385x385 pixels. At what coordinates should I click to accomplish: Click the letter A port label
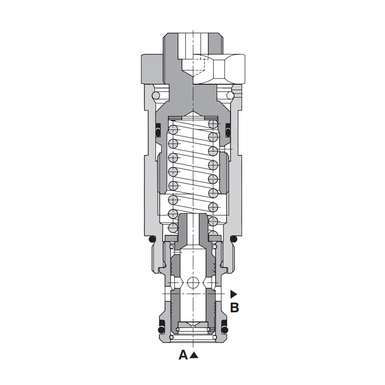[x=183, y=355]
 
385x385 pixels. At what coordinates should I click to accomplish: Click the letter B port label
[x=234, y=308]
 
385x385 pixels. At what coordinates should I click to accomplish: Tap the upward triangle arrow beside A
[x=194, y=355]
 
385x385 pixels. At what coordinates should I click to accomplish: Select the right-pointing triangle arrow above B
[x=233, y=294]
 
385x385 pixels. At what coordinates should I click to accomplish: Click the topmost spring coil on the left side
[x=173, y=129]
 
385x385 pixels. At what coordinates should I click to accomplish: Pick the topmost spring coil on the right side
[x=213, y=124]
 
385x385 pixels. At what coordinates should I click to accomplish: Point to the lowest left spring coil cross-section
[x=173, y=228]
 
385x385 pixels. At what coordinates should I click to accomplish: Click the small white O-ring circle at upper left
[x=156, y=95]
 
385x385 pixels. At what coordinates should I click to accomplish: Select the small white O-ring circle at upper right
[x=230, y=95]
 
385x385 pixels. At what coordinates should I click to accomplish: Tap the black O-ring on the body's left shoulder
[x=153, y=239]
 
